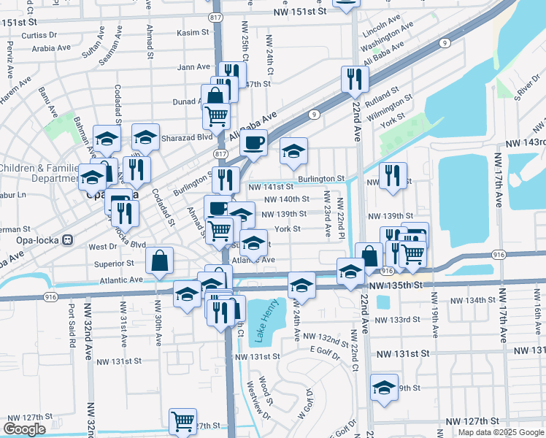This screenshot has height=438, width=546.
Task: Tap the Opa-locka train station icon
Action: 67,239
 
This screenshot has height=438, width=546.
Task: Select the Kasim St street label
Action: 193,33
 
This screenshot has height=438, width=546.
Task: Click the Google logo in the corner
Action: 24,429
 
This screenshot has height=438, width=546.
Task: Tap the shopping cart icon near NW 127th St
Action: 182,420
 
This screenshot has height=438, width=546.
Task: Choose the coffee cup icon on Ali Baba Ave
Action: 254,142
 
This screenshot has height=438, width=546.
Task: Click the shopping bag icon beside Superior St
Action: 159,259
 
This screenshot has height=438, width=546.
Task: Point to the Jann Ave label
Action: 194,67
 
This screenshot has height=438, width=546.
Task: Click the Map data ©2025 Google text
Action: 500,432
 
